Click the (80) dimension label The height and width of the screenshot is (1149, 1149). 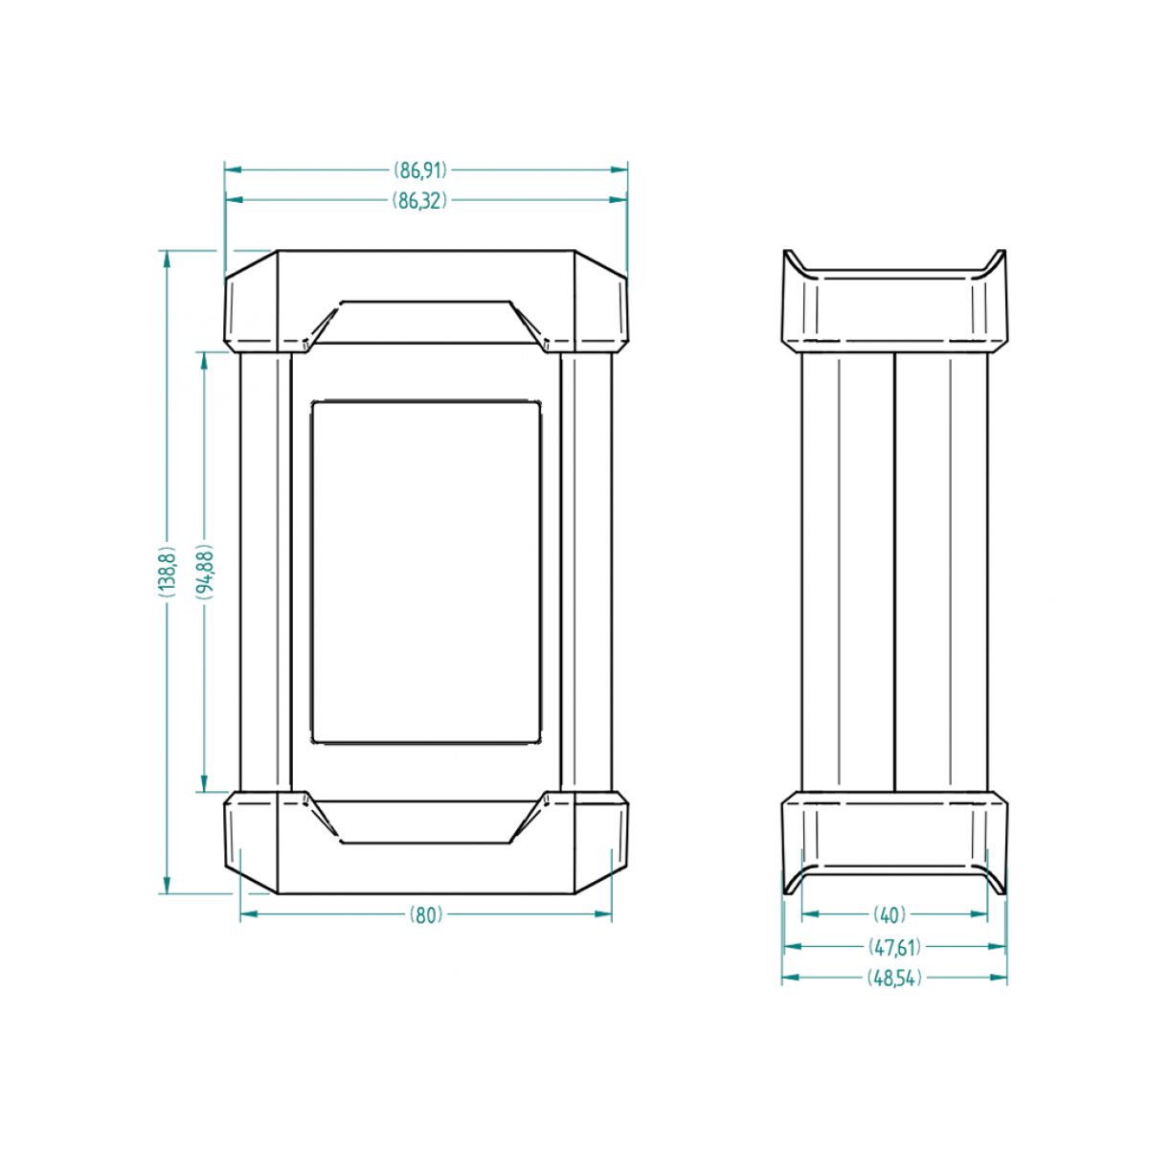(426, 914)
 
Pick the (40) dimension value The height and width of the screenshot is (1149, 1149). (890, 914)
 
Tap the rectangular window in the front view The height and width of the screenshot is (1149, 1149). (426, 572)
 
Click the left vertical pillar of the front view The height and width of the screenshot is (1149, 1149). (264, 572)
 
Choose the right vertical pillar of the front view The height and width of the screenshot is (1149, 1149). (586, 572)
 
